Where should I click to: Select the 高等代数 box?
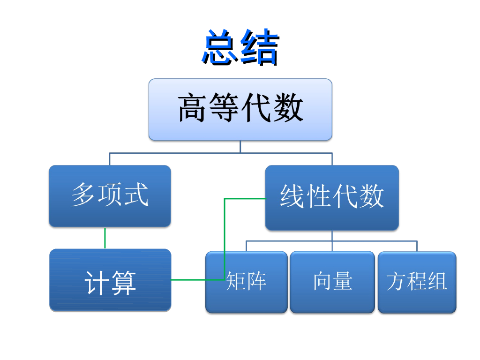click(x=240, y=109)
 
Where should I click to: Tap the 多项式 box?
click(x=110, y=196)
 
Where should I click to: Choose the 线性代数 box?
click(x=332, y=197)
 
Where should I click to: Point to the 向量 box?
click(x=332, y=282)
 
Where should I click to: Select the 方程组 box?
click(x=417, y=282)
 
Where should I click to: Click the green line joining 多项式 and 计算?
click(x=105, y=238)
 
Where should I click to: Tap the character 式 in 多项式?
click(x=136, y=195)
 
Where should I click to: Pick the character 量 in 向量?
click(x=343, y=281)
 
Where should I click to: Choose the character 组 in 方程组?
click(x=437, y=282)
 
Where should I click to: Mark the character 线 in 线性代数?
click(x=292, y=196)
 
